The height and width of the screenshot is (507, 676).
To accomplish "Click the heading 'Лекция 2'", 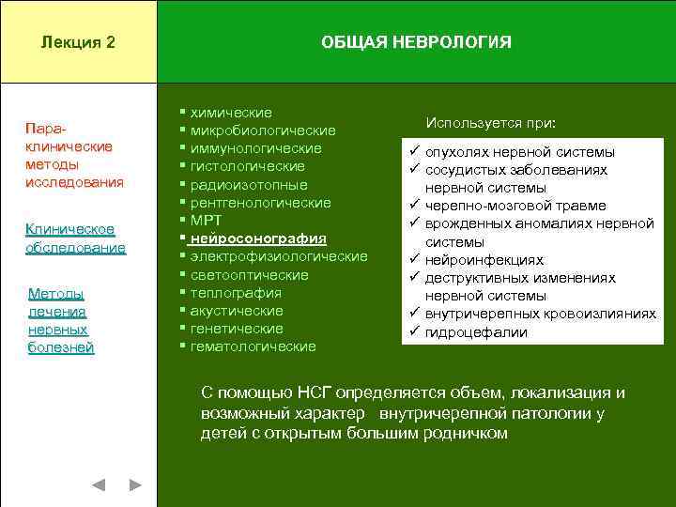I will tap(79, 42).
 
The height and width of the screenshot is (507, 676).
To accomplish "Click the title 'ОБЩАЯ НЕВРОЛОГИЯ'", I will tap(416, 42).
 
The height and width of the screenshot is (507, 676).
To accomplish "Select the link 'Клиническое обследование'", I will tap(75, 238).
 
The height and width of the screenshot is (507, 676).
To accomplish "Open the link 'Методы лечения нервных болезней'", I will tap(61, 320).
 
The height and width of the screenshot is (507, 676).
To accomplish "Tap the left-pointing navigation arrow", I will tap(99, 484).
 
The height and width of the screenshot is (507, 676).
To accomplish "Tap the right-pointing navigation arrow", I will tap(135, 484).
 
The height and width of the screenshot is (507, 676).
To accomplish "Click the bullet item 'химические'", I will tap(231, 113).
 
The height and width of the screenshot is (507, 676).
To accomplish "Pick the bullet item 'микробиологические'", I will tap(263, 131).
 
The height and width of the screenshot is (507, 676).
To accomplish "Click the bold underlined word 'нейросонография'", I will tap(258, 238).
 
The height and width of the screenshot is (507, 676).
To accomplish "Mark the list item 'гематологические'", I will tap(253, 346).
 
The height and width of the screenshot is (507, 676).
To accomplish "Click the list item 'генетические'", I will tap(237, 329).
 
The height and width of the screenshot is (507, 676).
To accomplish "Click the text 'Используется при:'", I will tap(490, 123).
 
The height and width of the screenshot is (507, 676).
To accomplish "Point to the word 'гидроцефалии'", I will tap(476, 332).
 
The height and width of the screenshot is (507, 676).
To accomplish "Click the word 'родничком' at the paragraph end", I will tap(465, 433).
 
